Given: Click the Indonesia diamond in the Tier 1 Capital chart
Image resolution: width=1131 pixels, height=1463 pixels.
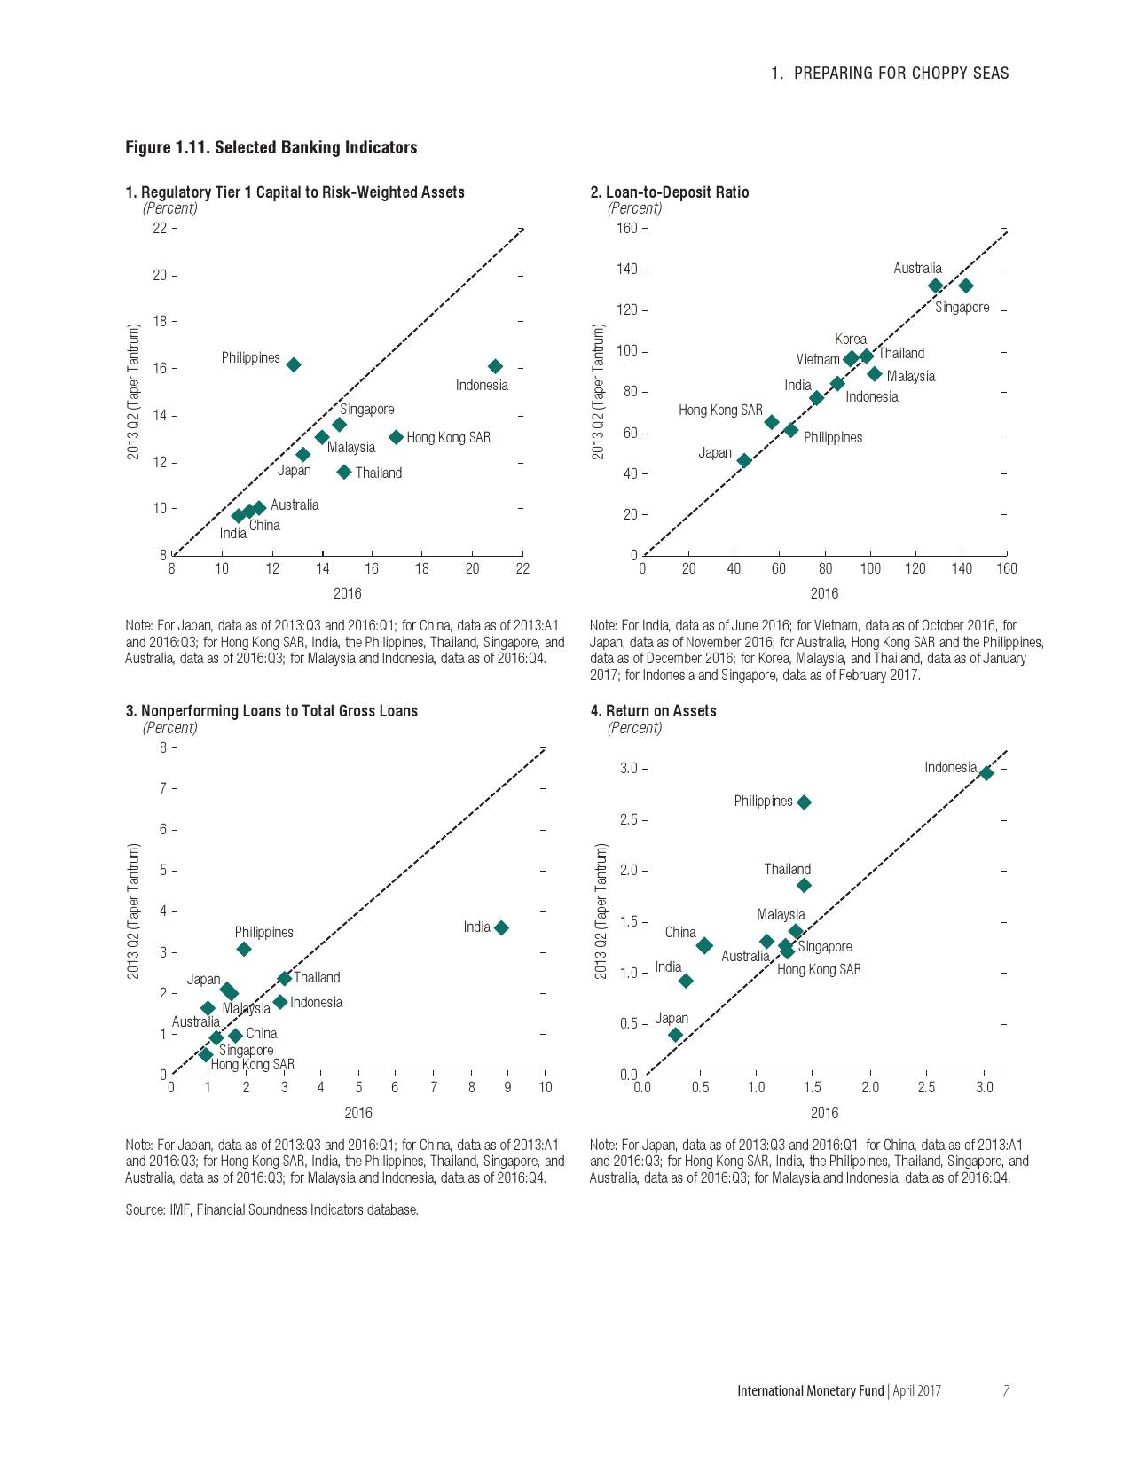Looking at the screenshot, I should coord(495,366).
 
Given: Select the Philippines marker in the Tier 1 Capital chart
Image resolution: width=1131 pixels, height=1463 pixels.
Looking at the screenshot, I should coord(294,364).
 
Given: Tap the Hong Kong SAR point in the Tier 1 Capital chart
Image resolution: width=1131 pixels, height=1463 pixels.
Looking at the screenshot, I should coord(397,437).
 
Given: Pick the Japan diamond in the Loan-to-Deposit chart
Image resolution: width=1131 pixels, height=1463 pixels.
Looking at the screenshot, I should coord(744,460).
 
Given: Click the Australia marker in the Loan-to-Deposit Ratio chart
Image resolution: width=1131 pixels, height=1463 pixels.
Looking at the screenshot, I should coord(935,286).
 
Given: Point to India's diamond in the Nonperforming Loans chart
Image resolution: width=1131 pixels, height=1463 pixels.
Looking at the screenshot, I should coord(501,927).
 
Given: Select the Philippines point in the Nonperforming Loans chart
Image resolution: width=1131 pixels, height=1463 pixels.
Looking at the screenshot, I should coord(244,949).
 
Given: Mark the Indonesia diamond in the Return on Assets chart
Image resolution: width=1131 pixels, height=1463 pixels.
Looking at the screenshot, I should coord(986,773).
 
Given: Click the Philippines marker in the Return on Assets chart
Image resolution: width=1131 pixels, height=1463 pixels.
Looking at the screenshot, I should coord(804,802).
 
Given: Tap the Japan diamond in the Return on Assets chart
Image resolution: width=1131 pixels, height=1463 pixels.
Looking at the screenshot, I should coord(675,1035).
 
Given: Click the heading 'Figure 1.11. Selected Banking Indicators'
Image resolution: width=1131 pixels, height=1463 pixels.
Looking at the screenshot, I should coord(271,147).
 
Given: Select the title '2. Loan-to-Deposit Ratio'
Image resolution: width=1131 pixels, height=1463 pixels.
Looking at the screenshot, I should coord(669,192).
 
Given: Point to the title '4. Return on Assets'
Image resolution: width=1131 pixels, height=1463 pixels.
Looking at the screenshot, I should coord(653,711).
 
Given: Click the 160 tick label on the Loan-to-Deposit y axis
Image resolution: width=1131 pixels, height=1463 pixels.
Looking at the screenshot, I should coord(626,229).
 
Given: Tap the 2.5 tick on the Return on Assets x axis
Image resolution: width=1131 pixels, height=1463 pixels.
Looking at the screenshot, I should coord(926,1087).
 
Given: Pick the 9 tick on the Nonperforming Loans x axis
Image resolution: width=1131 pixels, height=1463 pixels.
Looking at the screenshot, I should coord(507,1087).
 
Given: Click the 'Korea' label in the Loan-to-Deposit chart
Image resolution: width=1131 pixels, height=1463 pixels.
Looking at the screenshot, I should coord(850,340).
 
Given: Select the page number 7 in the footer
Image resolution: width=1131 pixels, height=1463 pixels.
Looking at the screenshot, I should coord(1006,1390).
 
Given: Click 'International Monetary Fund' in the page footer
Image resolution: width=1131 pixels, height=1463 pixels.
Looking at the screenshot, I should coord(810,1390).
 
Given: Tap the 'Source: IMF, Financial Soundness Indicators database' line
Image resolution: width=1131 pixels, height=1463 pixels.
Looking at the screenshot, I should coord(271,1209).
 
